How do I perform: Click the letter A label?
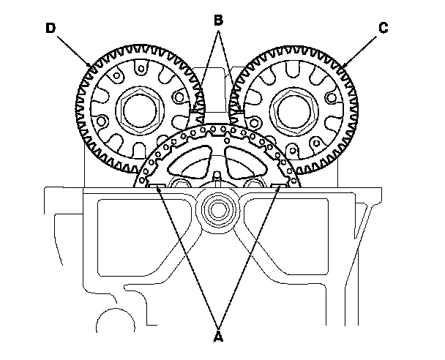217,337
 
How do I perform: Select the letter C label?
384,29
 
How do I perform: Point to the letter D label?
49,29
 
